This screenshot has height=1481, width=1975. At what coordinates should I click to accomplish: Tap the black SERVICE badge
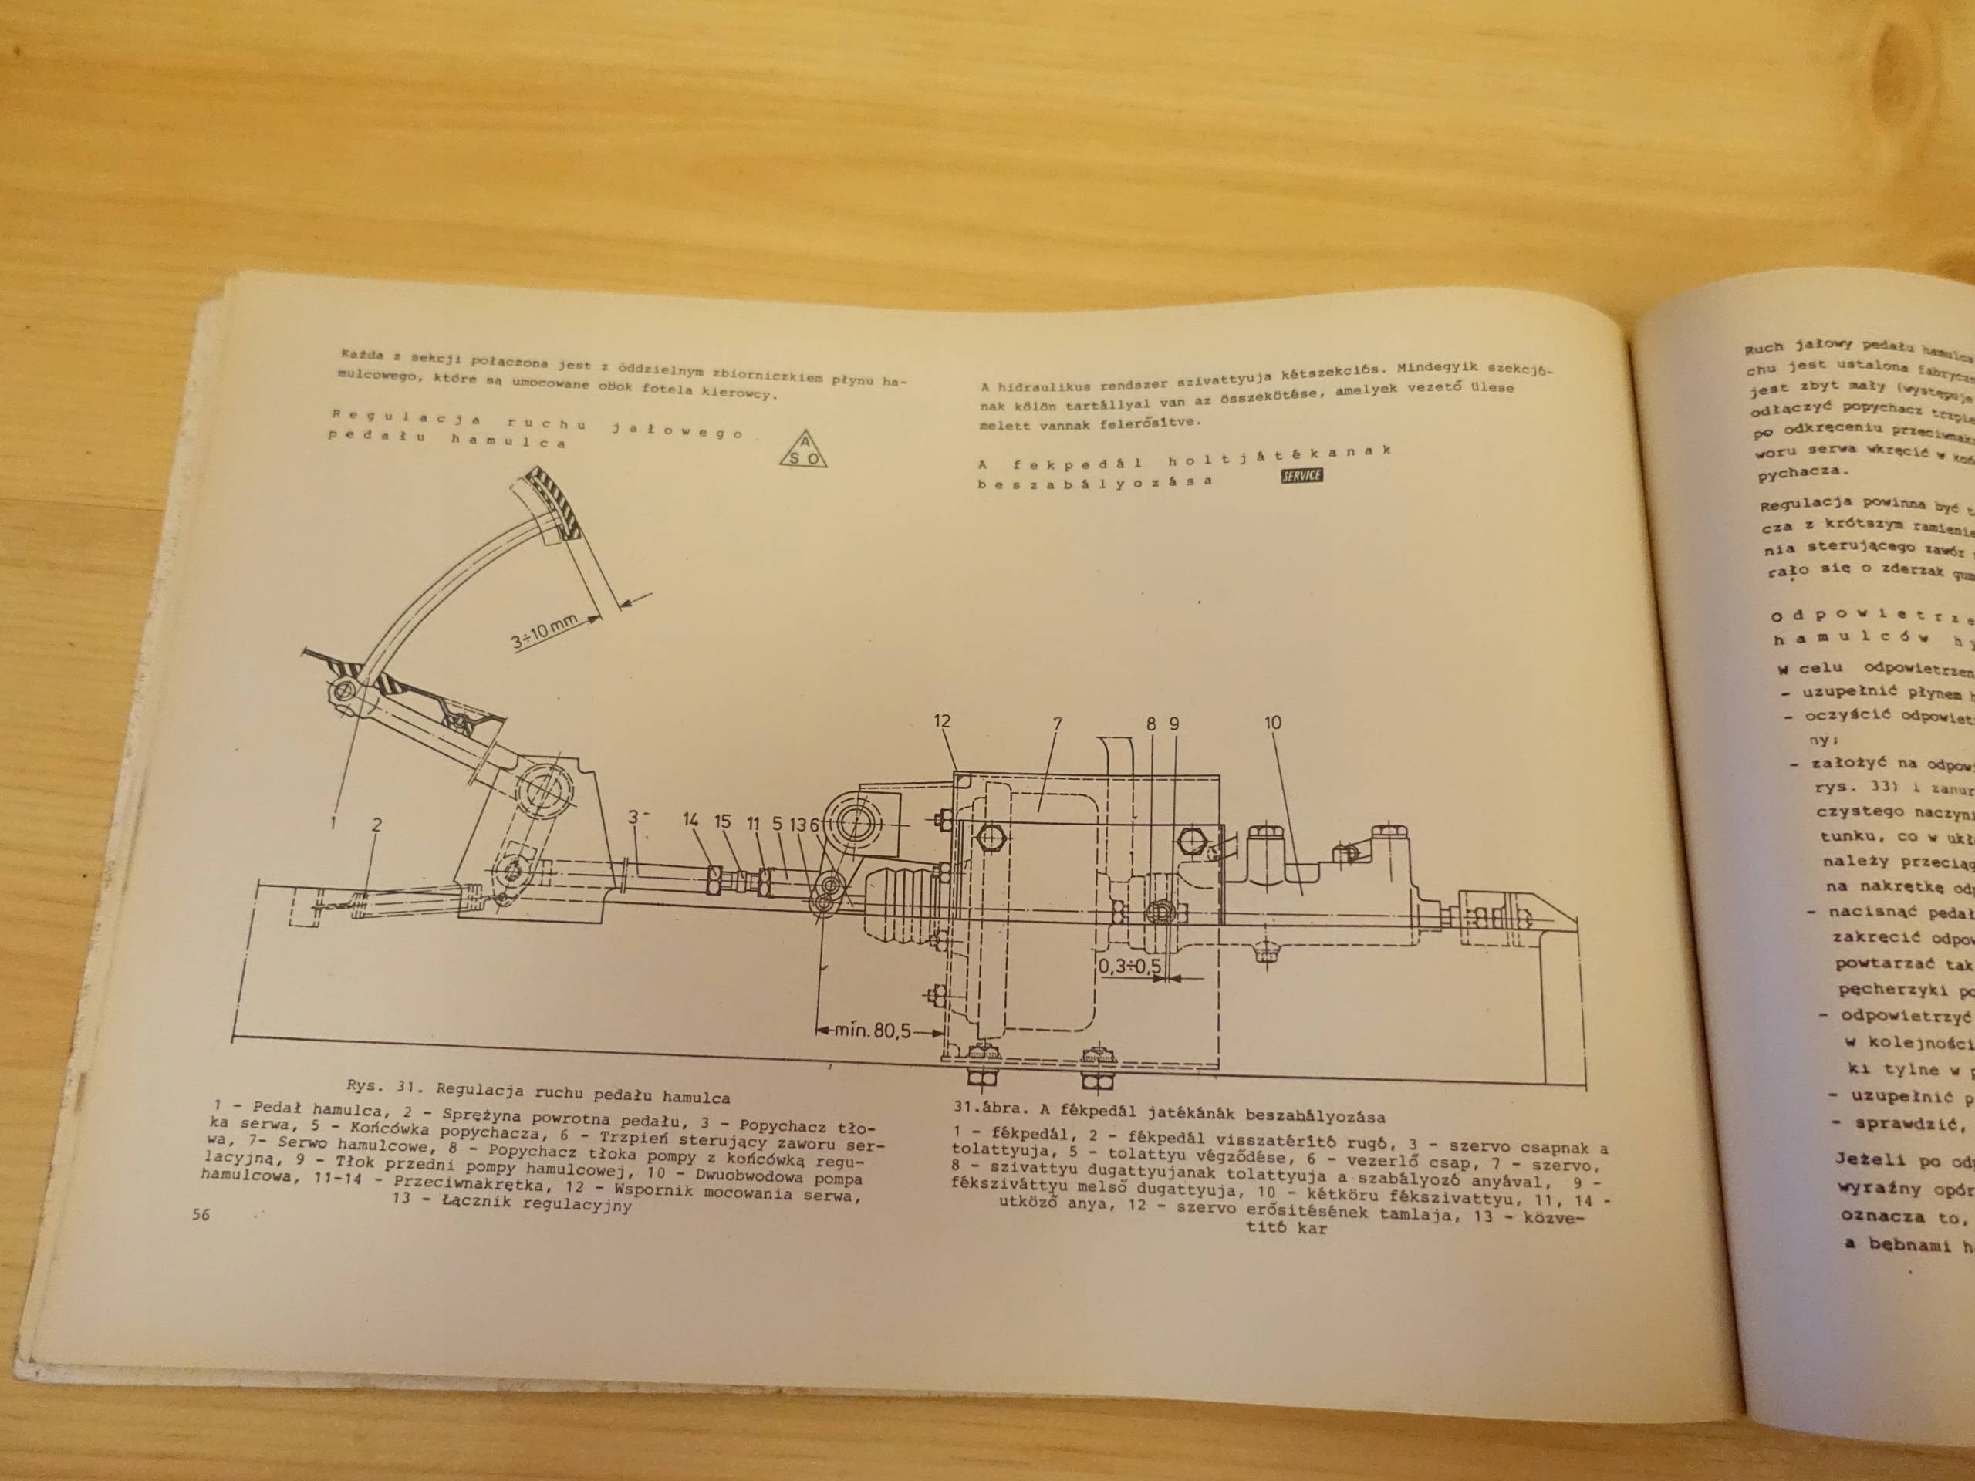1301,476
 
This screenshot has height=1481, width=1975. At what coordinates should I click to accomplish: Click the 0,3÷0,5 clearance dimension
1129,966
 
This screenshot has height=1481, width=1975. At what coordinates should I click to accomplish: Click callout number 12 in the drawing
942,721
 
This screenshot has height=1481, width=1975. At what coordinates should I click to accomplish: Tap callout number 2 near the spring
376,824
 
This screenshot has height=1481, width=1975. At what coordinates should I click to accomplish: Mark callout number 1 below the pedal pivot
333,822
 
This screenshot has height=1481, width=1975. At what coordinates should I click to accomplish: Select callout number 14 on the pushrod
691,821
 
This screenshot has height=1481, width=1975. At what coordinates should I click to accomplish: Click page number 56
200,1214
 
